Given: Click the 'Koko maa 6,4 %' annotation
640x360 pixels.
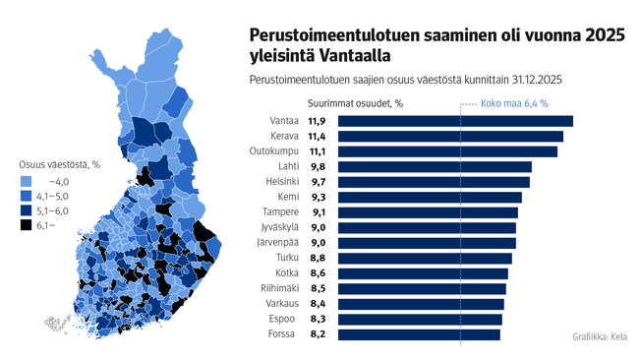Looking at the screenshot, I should point(514,102).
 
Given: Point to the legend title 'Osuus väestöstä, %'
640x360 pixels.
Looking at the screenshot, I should point(61,164).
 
